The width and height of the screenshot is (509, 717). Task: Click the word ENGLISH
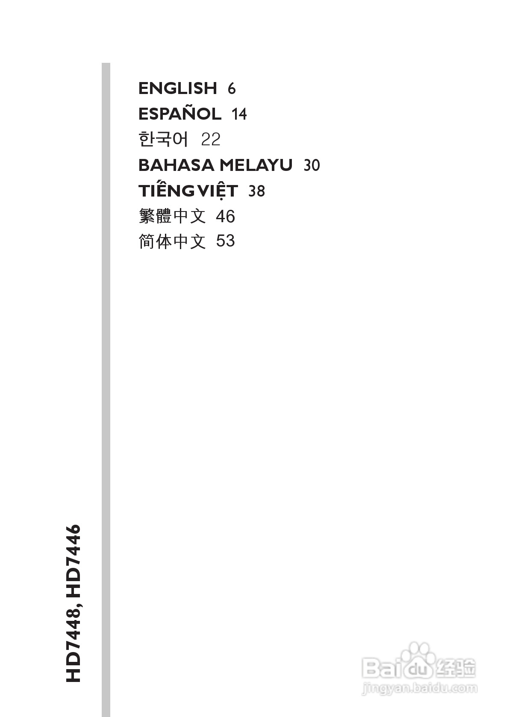pos(178,88)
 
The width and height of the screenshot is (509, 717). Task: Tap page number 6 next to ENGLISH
pos(232,89)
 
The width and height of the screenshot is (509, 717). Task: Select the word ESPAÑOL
pos(180,114)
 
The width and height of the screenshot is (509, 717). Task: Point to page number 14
pos(239,115)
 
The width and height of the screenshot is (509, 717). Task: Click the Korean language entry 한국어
pos(163,140)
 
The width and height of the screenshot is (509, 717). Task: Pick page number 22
pos(211,140)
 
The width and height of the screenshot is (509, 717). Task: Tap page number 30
pos(312,166)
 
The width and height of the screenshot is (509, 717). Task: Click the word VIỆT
pos(218,191)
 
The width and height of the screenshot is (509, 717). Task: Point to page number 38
pos(256,191)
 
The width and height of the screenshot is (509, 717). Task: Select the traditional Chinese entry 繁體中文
pos(172,216)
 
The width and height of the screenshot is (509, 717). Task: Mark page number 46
pos(225,217)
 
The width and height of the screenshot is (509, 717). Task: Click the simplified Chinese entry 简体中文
pos(172,241)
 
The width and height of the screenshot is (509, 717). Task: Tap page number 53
pos(225,241)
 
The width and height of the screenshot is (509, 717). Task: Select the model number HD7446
pos(73,559)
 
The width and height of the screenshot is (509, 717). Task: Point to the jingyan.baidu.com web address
pos(419,688)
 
